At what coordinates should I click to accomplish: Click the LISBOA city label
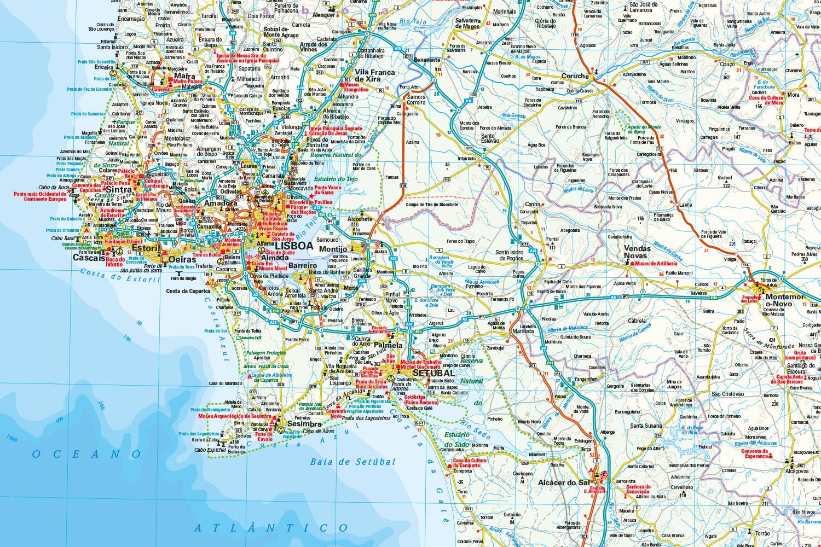[x=293, y=246]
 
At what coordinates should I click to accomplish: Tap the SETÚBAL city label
[x=433, y=373]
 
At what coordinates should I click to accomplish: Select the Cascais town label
[x=89, y=258]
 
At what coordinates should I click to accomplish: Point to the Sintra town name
[x=119, y=190]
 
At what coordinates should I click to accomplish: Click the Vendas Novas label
[x=638, y=252]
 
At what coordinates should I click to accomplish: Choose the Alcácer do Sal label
[x=564, y=482]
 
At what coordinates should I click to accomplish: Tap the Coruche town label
[x=575, y=76]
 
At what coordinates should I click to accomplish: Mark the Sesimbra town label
[x=304, y=424]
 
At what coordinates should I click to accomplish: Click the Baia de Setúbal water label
[x=352, y=462]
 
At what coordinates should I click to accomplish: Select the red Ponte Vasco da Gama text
[x=328, y=190]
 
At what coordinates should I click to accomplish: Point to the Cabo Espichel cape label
[x=211, y=450]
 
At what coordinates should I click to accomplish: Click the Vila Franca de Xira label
[x=375, y=75]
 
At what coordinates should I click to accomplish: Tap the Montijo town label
[x=333, y=249]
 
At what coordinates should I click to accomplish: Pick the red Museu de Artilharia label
[x=657, y=264]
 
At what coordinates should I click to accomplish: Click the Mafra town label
[x=185, y=77]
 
